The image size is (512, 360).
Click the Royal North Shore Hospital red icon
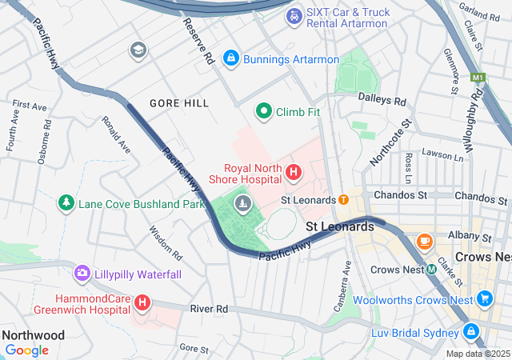(294, 172)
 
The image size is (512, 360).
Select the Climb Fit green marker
(263, 111)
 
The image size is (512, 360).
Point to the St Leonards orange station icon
(343, 199)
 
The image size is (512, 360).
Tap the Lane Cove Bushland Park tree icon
(66, 203)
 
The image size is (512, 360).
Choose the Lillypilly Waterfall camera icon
(82, 274)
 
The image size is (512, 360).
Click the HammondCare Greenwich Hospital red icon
(142, 302)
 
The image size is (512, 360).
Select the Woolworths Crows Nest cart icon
(484, 299)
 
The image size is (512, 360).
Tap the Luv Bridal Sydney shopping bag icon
(470, 331)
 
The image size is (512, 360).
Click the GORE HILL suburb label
(179, 103)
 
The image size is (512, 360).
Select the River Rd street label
(209, 309)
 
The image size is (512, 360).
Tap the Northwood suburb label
(33, 335)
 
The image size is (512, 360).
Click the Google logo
(26, 350)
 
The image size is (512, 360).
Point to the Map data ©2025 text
(478, 354)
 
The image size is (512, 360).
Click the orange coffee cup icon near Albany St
(423, 239)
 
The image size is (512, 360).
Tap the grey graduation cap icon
(138, 50)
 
